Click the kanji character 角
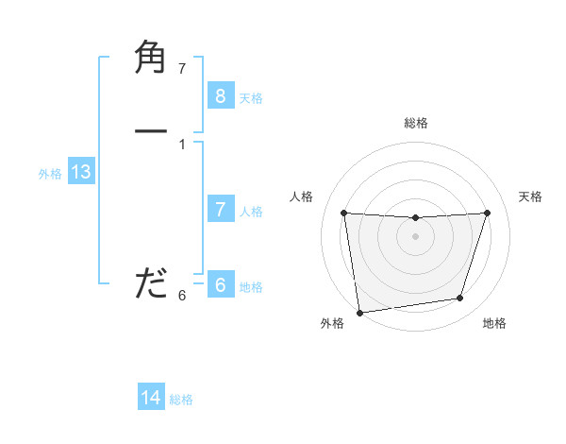point(151,59)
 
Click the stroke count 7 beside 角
point(182,68)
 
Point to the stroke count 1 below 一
point(182,144)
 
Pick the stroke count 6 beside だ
point(182,296)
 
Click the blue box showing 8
point(220,95)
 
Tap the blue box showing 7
point(220,210)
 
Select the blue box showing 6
point(220,285)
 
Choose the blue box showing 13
point(80,172)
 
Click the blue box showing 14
point(151,398)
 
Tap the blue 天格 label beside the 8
point(251,97)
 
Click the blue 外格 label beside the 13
point(50,174)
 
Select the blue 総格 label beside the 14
point(181,400)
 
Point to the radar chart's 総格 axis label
point(416,123)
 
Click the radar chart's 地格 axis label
point(494,323)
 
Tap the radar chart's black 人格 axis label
point(302,196)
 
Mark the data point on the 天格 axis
point(487,213)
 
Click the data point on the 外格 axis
point(359,312)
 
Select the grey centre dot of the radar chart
point(416,236)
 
